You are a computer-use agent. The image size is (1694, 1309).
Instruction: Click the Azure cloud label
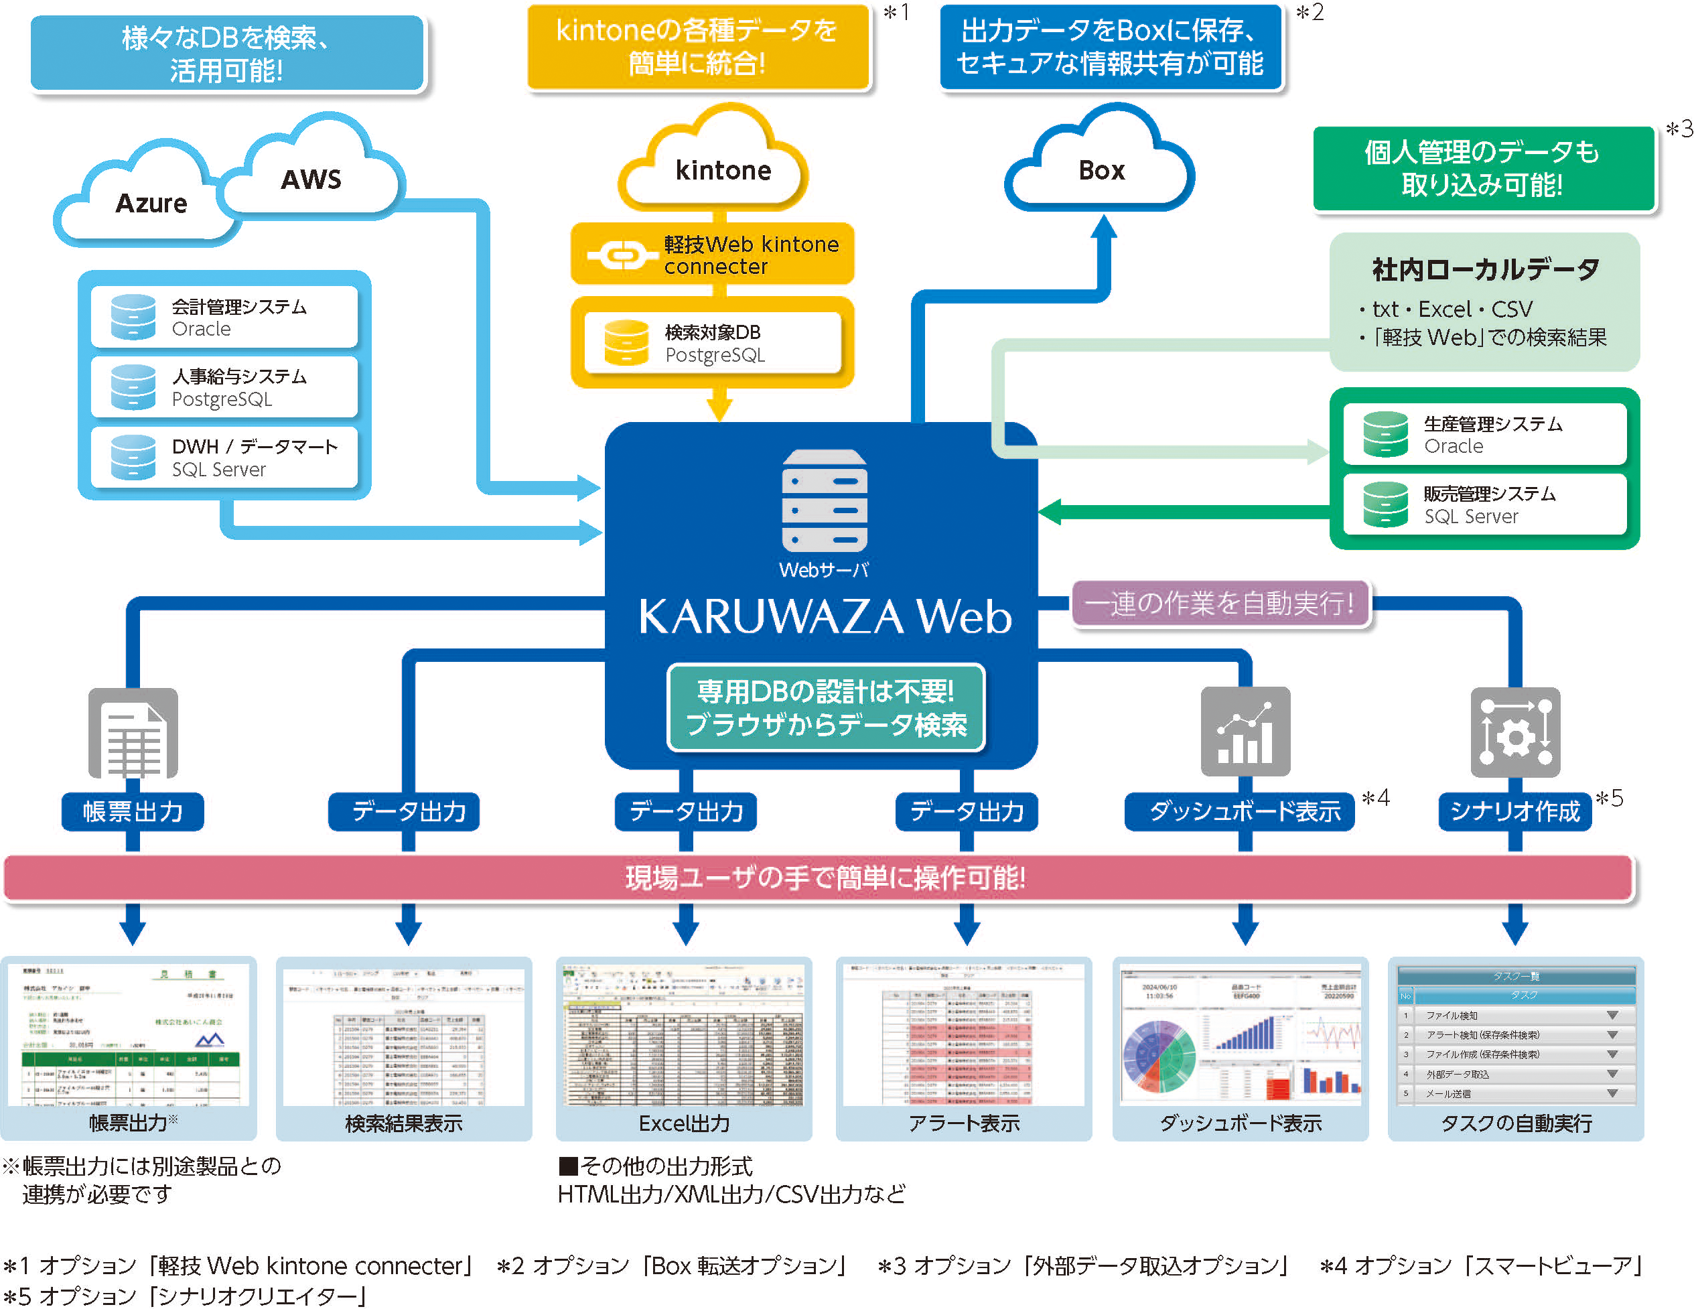point(151,202)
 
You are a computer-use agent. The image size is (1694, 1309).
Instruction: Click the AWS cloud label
point(310,180)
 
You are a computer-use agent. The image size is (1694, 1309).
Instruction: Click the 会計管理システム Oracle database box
point(224,317)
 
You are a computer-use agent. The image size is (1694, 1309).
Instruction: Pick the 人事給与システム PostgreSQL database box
point(224,387)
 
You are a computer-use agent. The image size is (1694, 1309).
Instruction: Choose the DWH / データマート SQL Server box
point(224,457)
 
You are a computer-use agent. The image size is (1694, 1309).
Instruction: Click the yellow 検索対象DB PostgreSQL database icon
point(626,342)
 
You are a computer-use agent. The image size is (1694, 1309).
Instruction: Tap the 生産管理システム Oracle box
point(1484,435)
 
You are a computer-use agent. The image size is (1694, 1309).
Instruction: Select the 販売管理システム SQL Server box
point(1484,504)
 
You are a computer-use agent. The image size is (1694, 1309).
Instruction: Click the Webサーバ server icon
point(824,500)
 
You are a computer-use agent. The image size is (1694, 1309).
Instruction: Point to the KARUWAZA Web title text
point(824,617)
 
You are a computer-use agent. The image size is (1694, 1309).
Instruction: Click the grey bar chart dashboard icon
point(1245,731)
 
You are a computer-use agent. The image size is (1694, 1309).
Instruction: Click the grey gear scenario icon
point(1515,732)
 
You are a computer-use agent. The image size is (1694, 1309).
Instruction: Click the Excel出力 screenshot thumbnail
point(683,1036)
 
